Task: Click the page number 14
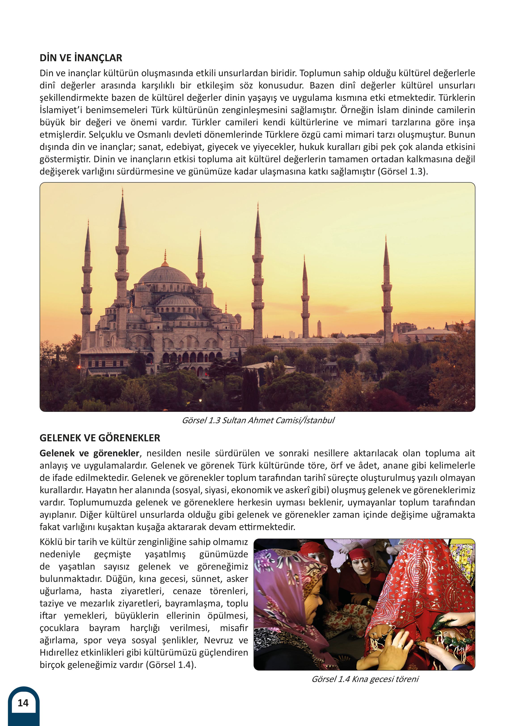coord(23,703)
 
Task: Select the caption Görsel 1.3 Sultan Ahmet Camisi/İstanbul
coord(258,420)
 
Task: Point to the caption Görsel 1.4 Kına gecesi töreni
coord(365,679)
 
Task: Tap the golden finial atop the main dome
coord(165,258)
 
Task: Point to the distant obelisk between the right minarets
coord(319,328)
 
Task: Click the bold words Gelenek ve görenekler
coord(89,453)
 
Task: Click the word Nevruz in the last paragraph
coord(219,640)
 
